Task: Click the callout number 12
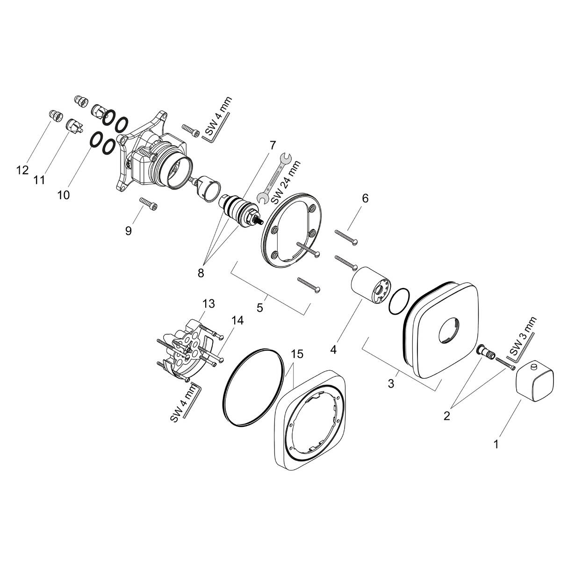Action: [x=22, y=170]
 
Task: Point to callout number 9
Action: [x=129, y=230]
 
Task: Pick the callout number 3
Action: [x=391, y=384]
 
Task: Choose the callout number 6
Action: [x=365, y=198]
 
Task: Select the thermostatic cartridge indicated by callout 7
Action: [x=239, y=209]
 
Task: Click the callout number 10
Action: [x=63, y=194]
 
